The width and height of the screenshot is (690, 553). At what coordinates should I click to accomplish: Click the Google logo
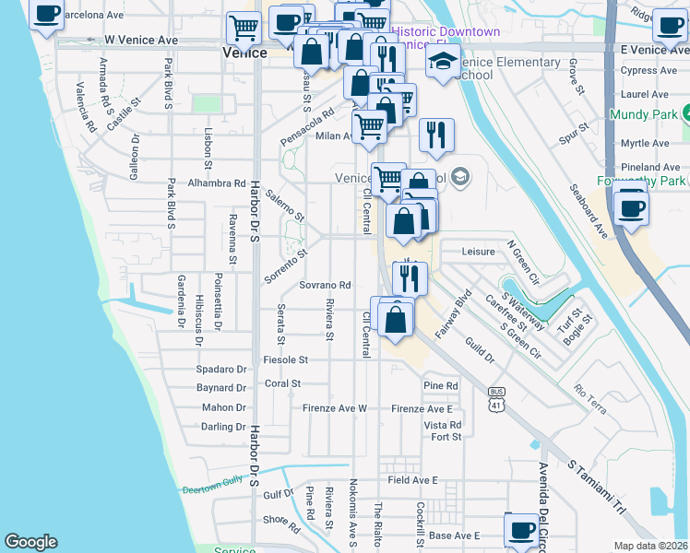coord(30,542)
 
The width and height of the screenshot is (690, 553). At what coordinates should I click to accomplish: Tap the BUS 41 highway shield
coord(496,399)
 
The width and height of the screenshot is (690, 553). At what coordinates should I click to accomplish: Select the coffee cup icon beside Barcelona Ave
coord(46,13)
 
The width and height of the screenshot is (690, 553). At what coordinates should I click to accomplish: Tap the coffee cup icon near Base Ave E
coord(522,530)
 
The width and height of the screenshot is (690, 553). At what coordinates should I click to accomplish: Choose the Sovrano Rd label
coord(326,286)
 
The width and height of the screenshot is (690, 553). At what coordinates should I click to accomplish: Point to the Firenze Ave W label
coord(335,408)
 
